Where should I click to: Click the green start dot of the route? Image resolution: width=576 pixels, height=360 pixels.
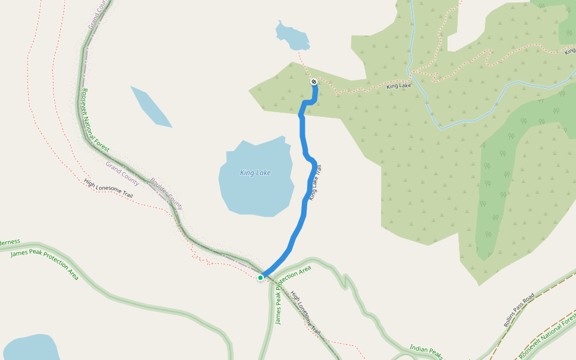[x=260, y=278]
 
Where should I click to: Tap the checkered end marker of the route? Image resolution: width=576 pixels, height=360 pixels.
[x=314, y=82]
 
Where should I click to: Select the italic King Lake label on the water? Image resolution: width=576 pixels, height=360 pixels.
[x=255, y=173]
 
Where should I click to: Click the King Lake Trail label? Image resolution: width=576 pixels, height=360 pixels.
[x=316, y=182]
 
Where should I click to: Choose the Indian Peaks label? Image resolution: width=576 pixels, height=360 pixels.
[x=426, y=352]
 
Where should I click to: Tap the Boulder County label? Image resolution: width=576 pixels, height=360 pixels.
[x=167, y=193]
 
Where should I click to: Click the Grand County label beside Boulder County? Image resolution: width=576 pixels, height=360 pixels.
[x=122, y=173]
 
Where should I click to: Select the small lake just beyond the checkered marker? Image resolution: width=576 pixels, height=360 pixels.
[x=292, y=38]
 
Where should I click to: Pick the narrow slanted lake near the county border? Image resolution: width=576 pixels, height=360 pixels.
[x=151, y=106]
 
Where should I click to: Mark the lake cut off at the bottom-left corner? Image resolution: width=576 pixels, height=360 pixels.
[x=30, y=348]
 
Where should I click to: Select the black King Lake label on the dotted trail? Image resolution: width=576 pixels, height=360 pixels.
[x=399, y=86]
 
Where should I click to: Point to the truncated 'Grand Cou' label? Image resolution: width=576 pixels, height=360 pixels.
[x=97, y=13]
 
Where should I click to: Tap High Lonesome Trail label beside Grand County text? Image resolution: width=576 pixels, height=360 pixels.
[x=109, y=188]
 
